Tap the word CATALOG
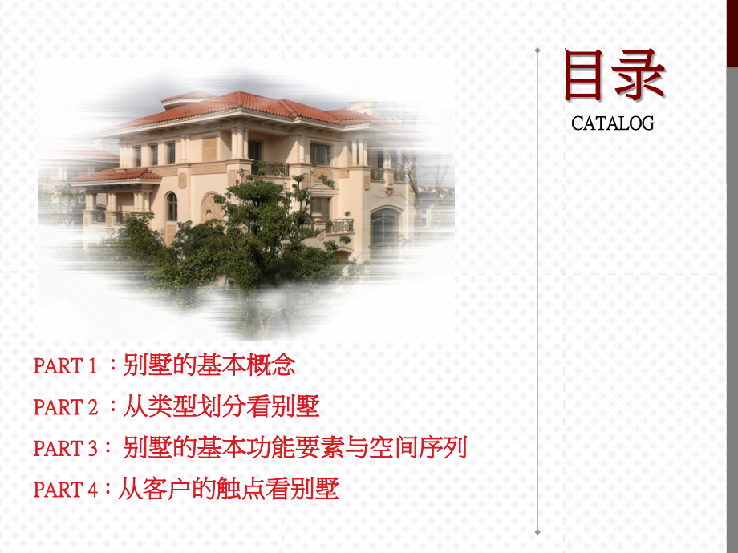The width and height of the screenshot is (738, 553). (613, 123)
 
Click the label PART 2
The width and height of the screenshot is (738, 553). (66, 407)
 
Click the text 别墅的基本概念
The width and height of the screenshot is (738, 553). (209, 365)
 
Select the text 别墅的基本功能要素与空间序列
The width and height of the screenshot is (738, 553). (295, 448)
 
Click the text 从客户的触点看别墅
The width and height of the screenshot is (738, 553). (229, 489)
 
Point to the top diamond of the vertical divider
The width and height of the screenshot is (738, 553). (537, 51)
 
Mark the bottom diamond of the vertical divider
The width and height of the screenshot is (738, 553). (537, 531)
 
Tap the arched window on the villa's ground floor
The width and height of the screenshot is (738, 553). (172, 206)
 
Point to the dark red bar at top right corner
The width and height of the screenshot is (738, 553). (732, 32)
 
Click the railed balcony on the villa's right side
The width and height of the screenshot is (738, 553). (339, 225)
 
